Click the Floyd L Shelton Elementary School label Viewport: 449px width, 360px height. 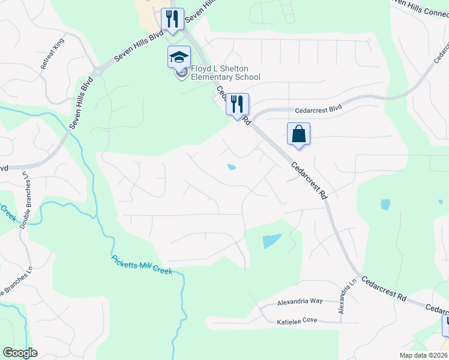[225, 73]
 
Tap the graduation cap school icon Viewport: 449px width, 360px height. [178, 58]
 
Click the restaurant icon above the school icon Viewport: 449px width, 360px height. [173, 19]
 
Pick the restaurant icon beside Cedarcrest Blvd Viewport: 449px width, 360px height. [237, 104]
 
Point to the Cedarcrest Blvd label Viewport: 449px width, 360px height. [318, 110]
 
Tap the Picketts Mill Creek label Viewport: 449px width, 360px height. [142, 265]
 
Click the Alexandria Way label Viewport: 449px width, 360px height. [300, 301]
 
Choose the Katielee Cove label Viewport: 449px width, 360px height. [297, 320]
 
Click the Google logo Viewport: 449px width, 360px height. [20, 353]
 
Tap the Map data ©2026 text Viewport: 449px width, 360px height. [423, 355]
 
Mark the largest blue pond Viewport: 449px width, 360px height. [271, 241]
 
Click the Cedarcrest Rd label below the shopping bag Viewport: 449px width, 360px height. [310, 181]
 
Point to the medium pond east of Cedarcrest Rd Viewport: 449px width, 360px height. [385, 205]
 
